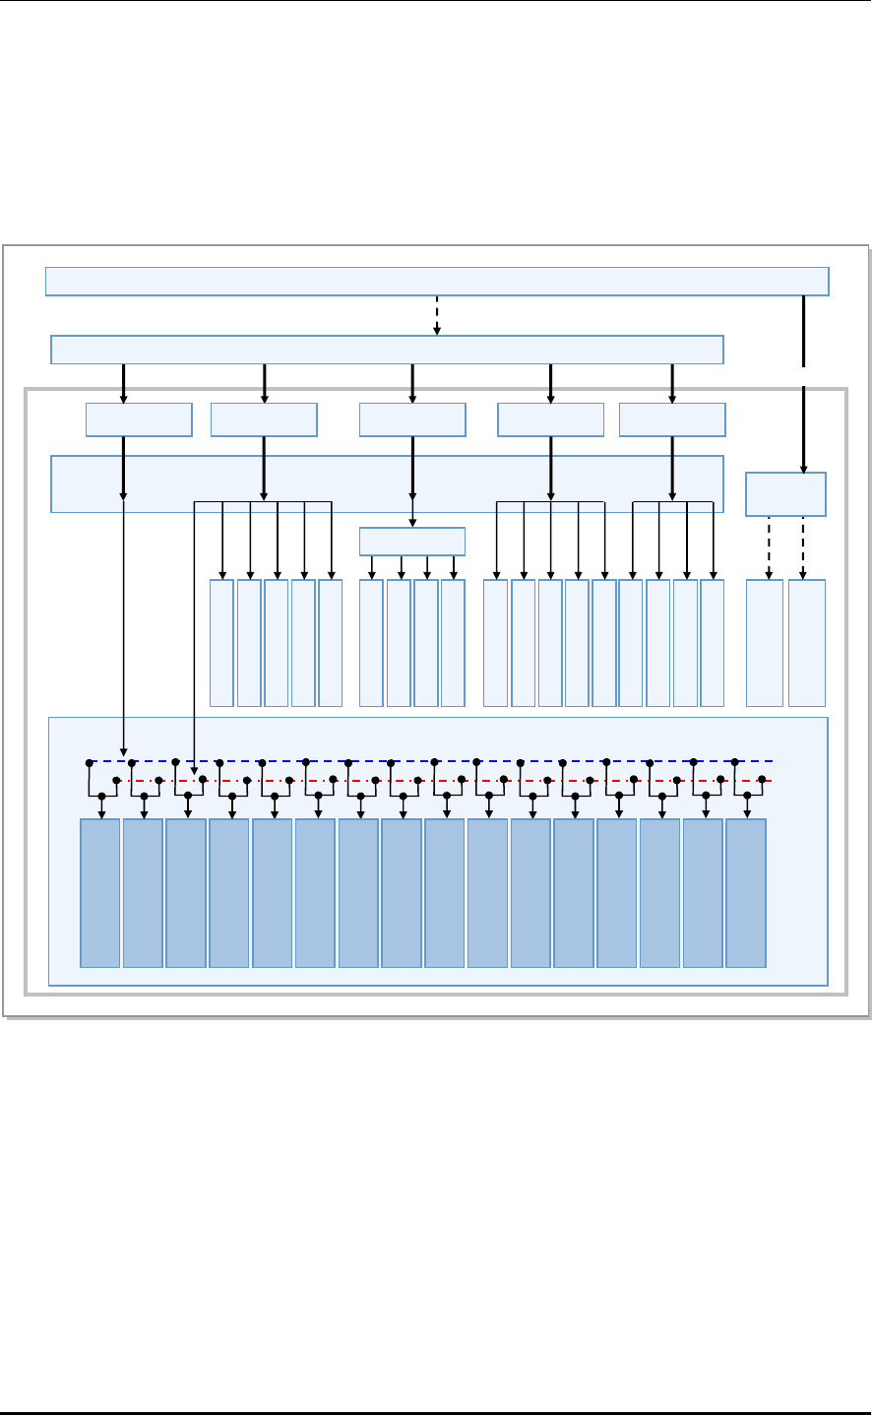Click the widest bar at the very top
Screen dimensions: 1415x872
tap(437, 281)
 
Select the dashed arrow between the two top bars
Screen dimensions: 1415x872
tap(437, 315)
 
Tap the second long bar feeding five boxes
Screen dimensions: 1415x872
tap(387, 350)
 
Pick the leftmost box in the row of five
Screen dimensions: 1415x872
tap(139, 419)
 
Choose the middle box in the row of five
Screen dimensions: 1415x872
tap(412, 419)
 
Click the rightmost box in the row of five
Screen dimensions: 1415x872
tap(672, 419)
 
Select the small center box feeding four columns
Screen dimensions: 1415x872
tap(412, 542)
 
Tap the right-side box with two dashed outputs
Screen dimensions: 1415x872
tap(785, 494)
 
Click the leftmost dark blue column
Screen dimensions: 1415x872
tap(99, 892)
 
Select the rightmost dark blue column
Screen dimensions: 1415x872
tap(746, 892)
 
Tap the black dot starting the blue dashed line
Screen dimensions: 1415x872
tap(89, 762)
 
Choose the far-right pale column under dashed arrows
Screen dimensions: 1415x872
tap(807, 643)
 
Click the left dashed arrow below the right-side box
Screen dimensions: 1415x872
tap(767, 547)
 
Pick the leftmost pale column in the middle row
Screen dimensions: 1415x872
tap(221, 643)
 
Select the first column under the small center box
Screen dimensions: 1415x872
tap(371, 643)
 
